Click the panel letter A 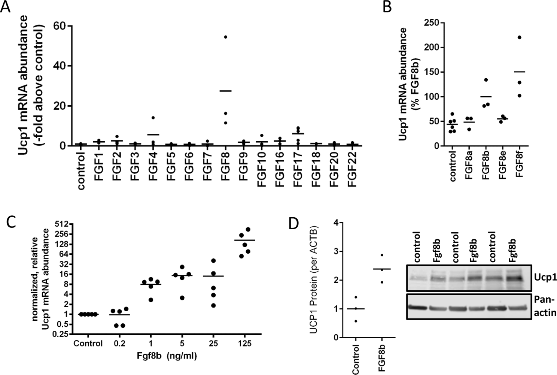point(5,7)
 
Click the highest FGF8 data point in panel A point(225,37)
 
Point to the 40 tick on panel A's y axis point(59,66)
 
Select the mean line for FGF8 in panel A point(225,91)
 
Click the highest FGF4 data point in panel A point(153,118)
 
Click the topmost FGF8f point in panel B point(519,37)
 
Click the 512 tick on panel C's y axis point(60,224)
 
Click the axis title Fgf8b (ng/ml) point(167,356)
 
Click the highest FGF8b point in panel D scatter point(382,255)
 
